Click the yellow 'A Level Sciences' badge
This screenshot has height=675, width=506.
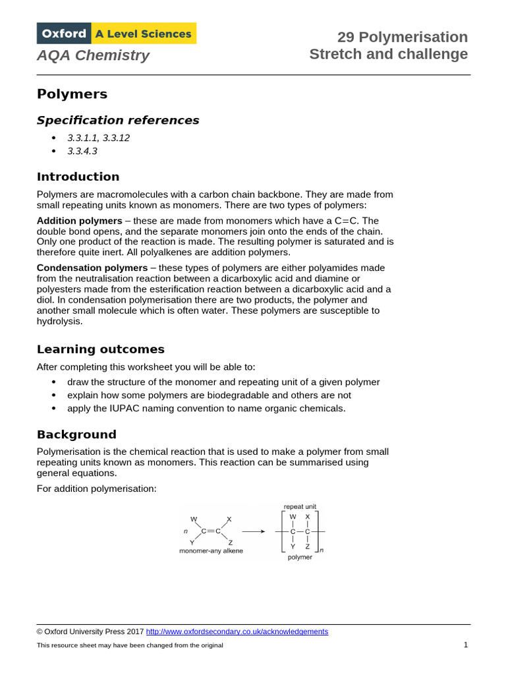[x=144, y=34]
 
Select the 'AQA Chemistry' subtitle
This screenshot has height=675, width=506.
[x=93, y=55]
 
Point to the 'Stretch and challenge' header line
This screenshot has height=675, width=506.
[x=389, y=54]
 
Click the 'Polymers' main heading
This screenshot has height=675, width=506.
[x=72, y=94]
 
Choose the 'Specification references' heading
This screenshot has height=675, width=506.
[x=117, y=120]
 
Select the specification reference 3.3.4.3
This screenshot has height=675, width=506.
[x=82, y=151]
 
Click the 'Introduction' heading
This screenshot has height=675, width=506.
[x=78, y=177]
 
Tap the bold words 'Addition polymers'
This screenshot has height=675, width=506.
[x=79, y=221]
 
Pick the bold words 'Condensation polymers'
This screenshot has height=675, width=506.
[x=92, y=268]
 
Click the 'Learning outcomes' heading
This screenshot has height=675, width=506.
[x=100, y=349]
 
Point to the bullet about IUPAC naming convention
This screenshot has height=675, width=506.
[x=206, y=408]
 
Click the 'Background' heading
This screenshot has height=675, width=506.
[x=76, y=434]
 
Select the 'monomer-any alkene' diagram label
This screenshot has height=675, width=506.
[x=211, y=550]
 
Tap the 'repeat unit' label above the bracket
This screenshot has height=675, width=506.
[x=300, y=506]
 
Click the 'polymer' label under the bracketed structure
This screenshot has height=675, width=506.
[x=300, y=557]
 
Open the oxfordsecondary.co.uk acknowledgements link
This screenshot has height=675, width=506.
[x=237, y=631]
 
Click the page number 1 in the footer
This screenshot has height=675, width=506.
[x=465, y=645]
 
